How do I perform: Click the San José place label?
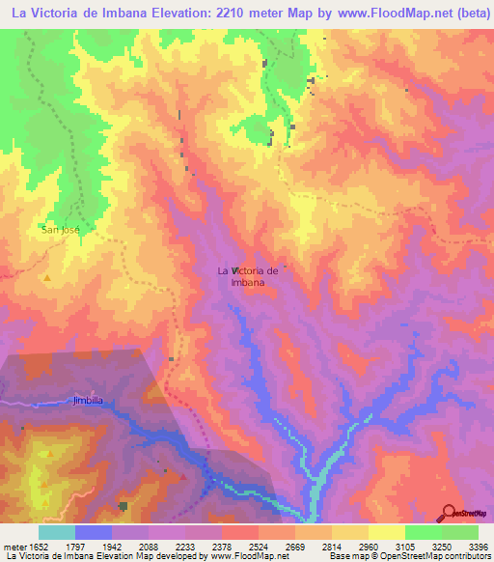[x=61, y=230]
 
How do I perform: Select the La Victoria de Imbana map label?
[x=248, y=276]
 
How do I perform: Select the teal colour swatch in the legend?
[x=57, y=532]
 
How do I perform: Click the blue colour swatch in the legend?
[x=94, y=532]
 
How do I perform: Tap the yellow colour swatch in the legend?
[x=386, y=532]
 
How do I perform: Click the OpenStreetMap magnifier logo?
[x=449, y=512]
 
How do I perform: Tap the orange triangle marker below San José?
[x=47, y=278]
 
